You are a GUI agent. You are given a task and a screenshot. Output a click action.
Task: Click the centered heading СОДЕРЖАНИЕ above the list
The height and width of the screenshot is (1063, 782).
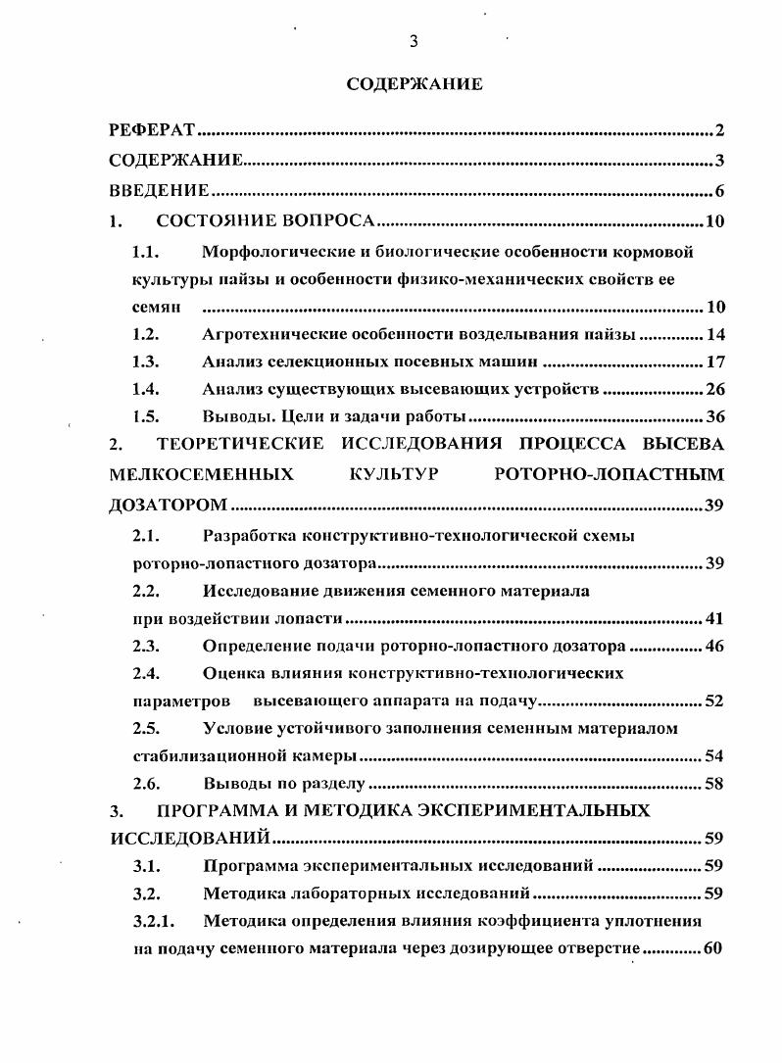(x=415, y=84)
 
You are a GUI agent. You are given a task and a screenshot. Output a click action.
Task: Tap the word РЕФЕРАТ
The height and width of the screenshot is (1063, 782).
(x=153, y=130)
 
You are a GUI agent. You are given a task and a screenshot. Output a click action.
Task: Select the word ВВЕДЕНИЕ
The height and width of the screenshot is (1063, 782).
(x=159, y=190)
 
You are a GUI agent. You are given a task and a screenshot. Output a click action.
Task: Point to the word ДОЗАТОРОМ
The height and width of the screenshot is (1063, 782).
(x=168, y=506)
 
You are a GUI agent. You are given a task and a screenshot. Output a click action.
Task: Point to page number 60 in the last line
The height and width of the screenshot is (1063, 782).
(x=712, y=948)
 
